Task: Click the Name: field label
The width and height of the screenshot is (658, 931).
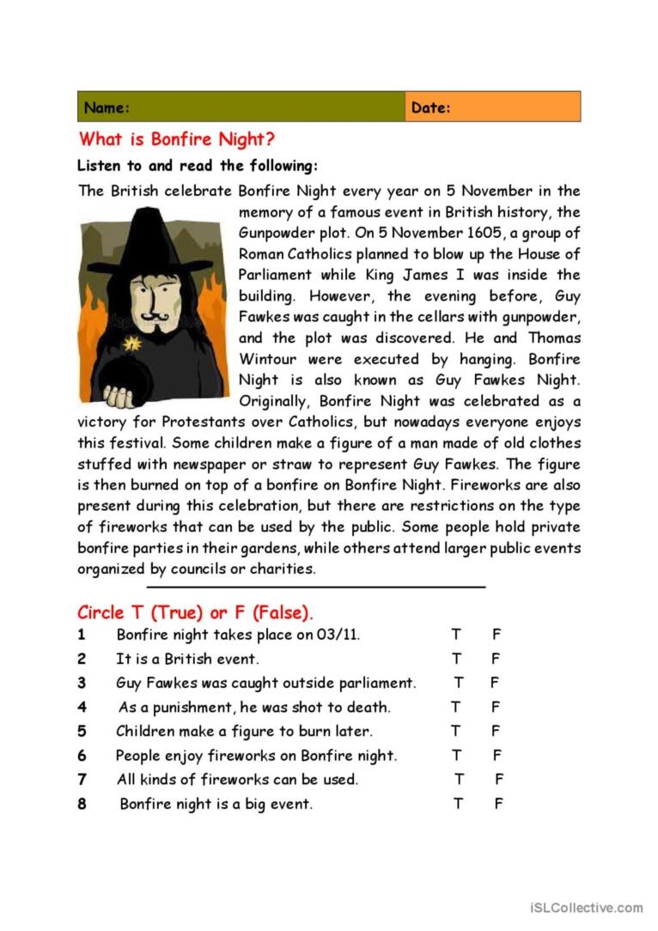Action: pyautogui.click(x=107, y=108)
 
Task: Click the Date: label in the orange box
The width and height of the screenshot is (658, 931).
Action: pyautogui.click(x=430, y=108)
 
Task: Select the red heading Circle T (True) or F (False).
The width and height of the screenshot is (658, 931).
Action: pyautogui.click(x=195, y=612)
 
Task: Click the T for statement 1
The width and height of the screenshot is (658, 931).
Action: pyautogui.click(x=456, y=636)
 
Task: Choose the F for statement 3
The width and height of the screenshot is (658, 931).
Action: pyautogui.click(x=495, y=684)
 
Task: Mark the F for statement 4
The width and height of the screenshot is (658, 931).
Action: pyautogui.click(x=496, y=708)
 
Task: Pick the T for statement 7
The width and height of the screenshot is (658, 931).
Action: pyautogui.click(x=460, y=780)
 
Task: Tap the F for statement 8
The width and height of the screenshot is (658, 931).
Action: pyautogui.click(x=498, y=805)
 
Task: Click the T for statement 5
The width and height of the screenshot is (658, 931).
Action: pyautogui.click(x=456, y=732)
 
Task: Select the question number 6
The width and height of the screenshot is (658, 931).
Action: pyautogui.click(x=82, y=756)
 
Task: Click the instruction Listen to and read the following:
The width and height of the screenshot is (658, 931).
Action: pyautogui.click(x=198, y=166)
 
